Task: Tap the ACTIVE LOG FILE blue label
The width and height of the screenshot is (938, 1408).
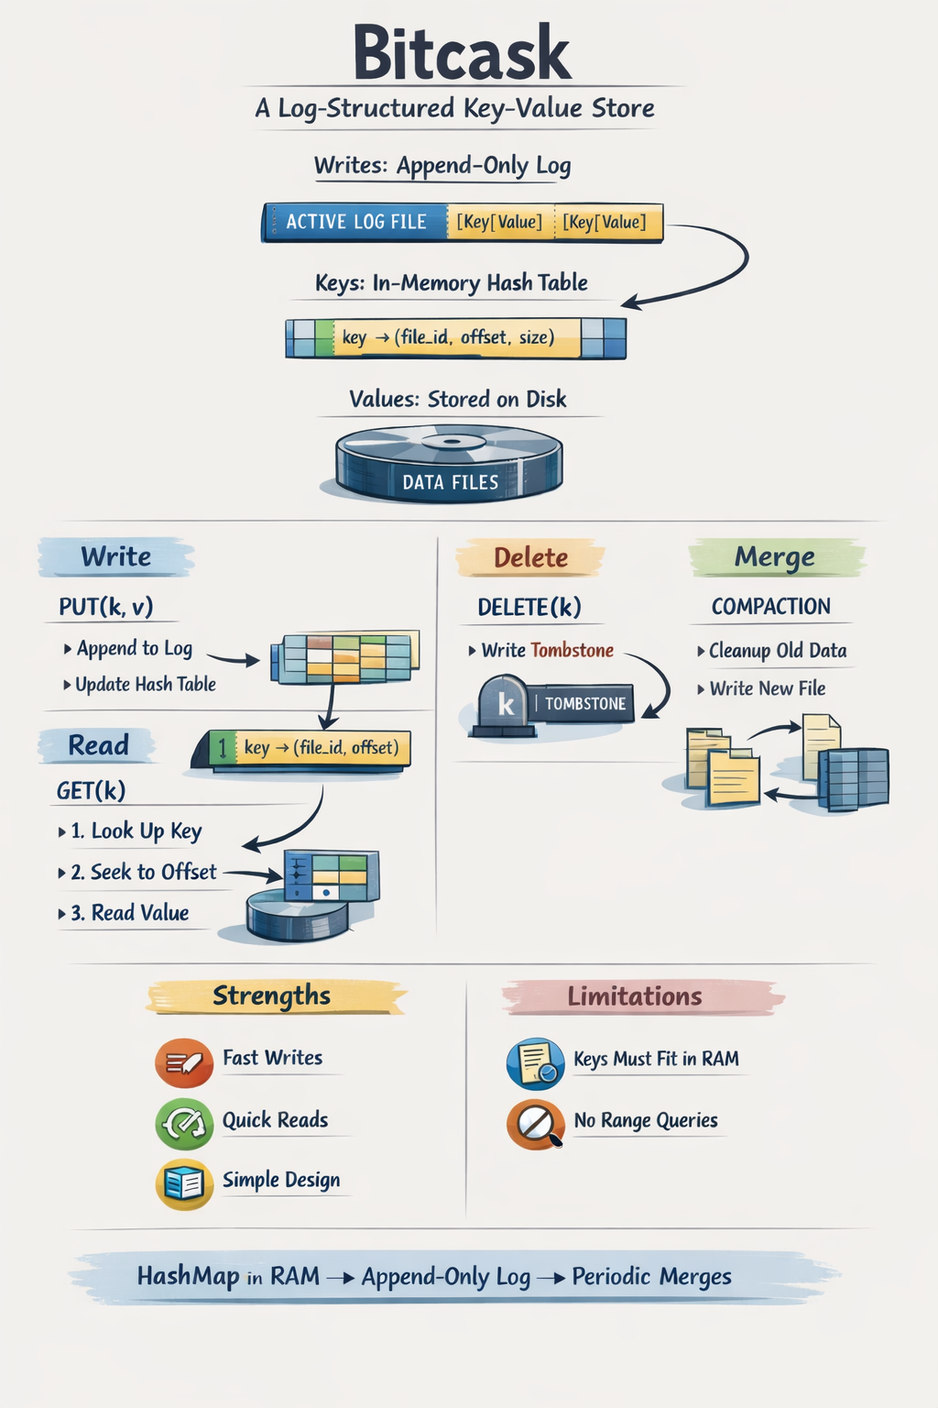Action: click(356, 222)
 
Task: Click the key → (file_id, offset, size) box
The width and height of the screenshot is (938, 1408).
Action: click(448, 337)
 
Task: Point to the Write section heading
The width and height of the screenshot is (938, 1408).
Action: click(115, 556)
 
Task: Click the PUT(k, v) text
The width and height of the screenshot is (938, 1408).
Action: click(106, 607)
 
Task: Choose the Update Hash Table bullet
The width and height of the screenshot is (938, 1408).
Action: click(145, 685)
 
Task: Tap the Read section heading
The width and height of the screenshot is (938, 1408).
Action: click(98, 745)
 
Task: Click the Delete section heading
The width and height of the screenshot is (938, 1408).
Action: click(530, 557)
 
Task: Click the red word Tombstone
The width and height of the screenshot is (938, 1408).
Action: click(572, 650)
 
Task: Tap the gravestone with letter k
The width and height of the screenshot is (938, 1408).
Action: click(505, 704)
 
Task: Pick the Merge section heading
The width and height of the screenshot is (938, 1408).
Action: click(774, 557)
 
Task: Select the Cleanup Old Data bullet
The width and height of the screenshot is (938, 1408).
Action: click(777, 651)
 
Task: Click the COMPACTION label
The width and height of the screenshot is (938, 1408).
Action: click(770, 607)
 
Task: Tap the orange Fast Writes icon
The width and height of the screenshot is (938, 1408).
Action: click(184, 1062)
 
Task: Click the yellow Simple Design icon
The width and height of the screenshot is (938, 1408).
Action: click(184, 1184)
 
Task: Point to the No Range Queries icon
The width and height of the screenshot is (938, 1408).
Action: click(536, 1124)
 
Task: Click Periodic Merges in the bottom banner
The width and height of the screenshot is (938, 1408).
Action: click(651, 1277)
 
